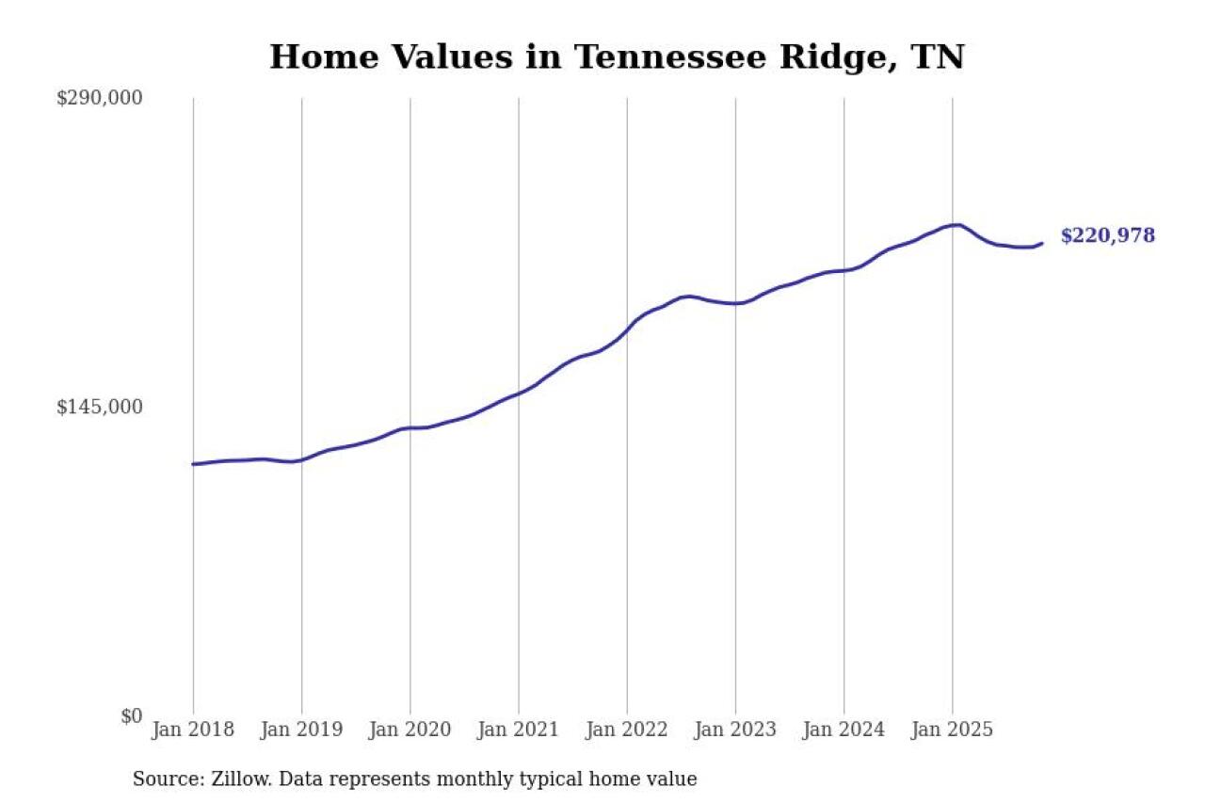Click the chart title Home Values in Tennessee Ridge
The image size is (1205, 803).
(x=617, y=57)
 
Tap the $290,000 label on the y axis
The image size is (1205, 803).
(x=99, y=98)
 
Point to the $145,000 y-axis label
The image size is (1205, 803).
(x=99, y=407)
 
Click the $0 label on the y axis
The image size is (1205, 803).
(x=131, y=715)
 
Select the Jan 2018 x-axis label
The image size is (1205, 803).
(x=192, y=731)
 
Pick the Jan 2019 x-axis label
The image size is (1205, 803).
(x=301, y=731)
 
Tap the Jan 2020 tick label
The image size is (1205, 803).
(x=410, y=731)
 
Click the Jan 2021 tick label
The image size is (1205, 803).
(x=518, y=731)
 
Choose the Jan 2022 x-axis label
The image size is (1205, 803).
(x=626, y=731)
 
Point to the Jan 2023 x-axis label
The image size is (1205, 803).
(x=735, y=731)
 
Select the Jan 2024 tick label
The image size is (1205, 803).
(x=843, y=731)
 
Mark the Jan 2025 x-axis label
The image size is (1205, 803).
(x=952, y=731)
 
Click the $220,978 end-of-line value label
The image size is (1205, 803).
(x=1107, y=236)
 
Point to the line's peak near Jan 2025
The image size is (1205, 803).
(x=957, y=225)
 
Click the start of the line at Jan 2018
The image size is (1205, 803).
(x=194, y=464)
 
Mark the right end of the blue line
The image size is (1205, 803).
(x=1041, y=244)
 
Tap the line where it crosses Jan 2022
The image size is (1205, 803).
(x=627, y=329)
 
